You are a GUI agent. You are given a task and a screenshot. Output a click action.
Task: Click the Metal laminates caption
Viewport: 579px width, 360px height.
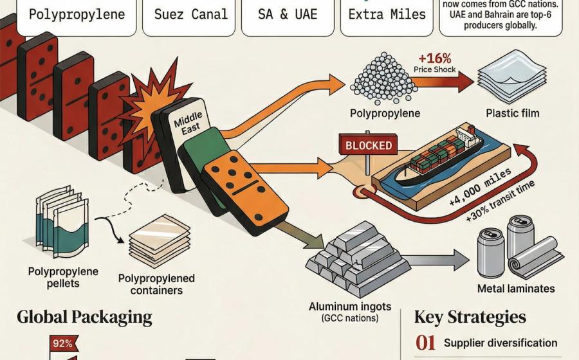pyautogui.click(x=516, y=289)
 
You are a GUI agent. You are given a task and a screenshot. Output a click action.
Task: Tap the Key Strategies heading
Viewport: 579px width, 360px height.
pyautogui.click(x=470, y=317)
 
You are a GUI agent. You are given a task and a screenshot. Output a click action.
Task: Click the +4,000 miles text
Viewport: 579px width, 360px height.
pyautogui.click(x=480, y=186)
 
